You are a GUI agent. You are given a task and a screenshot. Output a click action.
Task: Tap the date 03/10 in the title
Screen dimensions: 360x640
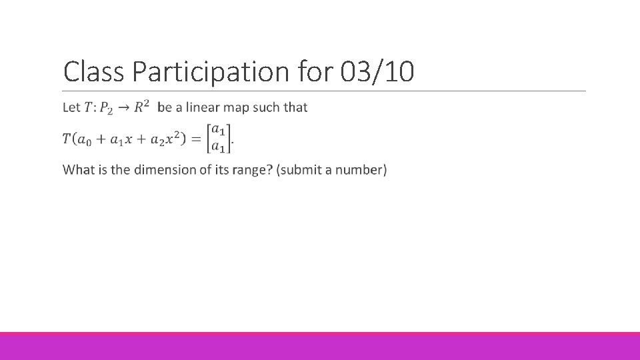377,71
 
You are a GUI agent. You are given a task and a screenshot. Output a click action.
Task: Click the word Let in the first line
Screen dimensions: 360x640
71,107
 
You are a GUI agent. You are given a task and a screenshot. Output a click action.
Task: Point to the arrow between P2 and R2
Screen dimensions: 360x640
123,107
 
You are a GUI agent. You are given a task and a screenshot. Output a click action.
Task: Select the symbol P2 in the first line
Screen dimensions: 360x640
106,108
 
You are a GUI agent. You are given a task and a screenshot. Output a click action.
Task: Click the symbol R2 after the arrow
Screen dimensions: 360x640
141,106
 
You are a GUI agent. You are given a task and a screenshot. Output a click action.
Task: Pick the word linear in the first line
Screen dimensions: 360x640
201,107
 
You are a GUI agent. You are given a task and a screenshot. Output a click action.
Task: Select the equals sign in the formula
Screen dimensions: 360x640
196,139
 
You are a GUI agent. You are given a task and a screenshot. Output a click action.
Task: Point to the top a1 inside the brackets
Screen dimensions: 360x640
219,131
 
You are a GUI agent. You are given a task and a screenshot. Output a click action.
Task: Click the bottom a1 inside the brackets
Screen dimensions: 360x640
219,147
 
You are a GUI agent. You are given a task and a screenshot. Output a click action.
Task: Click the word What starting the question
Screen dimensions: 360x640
79,169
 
